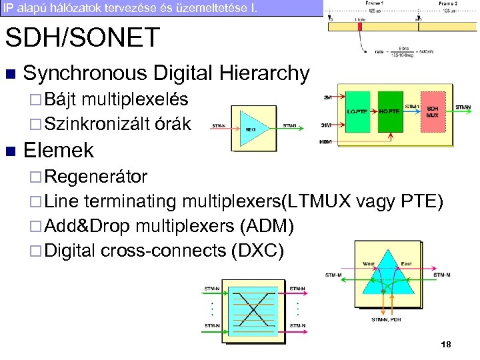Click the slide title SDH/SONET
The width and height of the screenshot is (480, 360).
[x=83, y=37]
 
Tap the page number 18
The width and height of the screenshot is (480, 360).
[x=446, y=344]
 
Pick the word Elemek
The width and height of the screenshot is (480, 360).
[x=59, y=150]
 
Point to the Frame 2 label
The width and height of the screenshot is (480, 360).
[x=447, y=3]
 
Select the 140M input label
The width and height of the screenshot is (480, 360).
[x=326, y=142]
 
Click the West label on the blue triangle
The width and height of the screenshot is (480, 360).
[x=369, y=264]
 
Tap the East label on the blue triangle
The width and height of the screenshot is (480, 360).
[x=406, y=264]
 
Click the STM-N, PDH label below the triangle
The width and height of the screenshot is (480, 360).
[x=387, y=319]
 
